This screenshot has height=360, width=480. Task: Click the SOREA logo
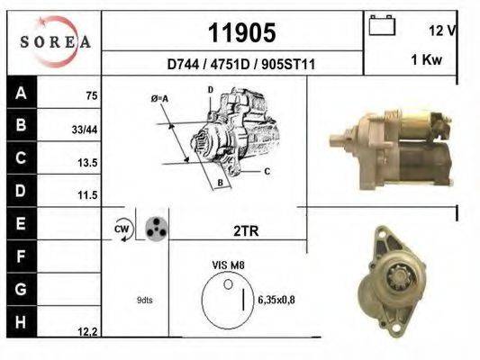(x=55, y=42)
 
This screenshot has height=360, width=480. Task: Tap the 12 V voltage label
(x=442, y=30)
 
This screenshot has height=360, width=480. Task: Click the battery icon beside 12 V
(x=383, y=25)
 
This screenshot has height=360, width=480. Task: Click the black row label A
(x=20, y=93)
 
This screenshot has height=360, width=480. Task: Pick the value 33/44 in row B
(x=85, y=130)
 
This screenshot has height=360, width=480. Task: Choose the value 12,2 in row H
(x=87, y=332)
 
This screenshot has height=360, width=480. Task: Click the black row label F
(x=20, y=256)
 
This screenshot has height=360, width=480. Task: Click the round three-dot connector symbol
(x=156, y=228)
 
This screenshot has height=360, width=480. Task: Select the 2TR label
(x=246, y=231)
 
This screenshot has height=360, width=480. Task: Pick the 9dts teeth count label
(x=145, y=300)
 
